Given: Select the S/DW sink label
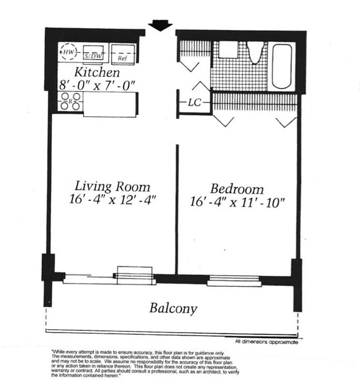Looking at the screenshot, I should click(93, 56).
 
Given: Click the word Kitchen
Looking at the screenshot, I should click(97, 73).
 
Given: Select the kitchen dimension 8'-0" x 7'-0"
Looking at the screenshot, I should click(97, 85).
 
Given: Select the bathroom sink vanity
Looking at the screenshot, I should click(226, 50).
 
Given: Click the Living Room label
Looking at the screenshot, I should click(112, 186).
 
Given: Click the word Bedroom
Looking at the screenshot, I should click(237, 188).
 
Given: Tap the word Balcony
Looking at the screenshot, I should click(173, 308).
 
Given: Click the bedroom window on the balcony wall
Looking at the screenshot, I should click(234, 280).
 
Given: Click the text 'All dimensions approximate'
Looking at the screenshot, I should click(266, 342).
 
